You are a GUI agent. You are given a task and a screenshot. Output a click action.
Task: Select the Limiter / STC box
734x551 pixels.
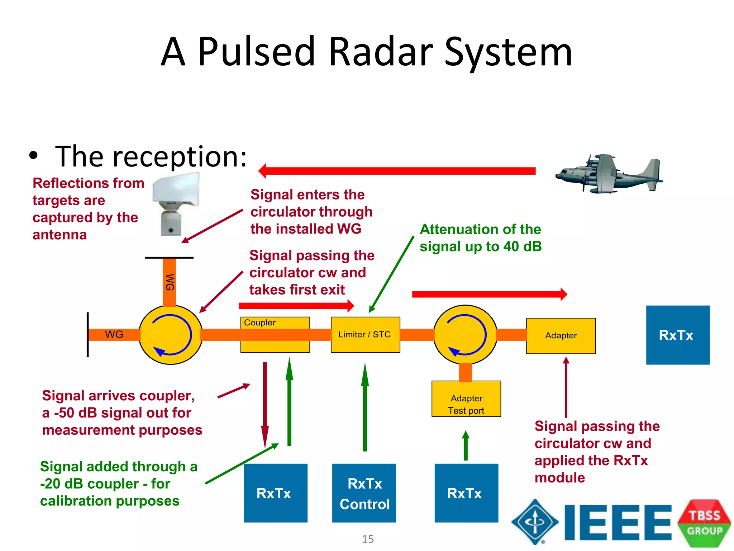click(365, 334)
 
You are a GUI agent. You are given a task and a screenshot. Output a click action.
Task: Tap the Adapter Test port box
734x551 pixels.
click(466, 399)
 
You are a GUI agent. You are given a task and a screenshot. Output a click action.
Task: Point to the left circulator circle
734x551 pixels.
click(171, 335)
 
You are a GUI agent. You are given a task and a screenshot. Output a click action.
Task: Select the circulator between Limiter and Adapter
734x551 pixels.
click(465, 334)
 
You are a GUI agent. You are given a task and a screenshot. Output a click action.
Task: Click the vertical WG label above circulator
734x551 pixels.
click(170, 282)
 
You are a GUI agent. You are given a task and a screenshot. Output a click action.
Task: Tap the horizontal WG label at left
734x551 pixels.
click(114, 334)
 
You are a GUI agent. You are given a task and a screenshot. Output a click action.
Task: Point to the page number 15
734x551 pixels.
click(368, 539)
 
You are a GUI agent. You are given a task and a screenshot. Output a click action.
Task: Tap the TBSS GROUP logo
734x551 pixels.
click(704, 523)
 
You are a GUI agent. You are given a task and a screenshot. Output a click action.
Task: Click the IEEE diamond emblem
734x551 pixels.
click(535, 522)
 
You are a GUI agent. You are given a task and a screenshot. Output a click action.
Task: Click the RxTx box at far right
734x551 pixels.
click(677, 335)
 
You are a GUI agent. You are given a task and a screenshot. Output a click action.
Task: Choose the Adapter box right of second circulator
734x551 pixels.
click(561, 335)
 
